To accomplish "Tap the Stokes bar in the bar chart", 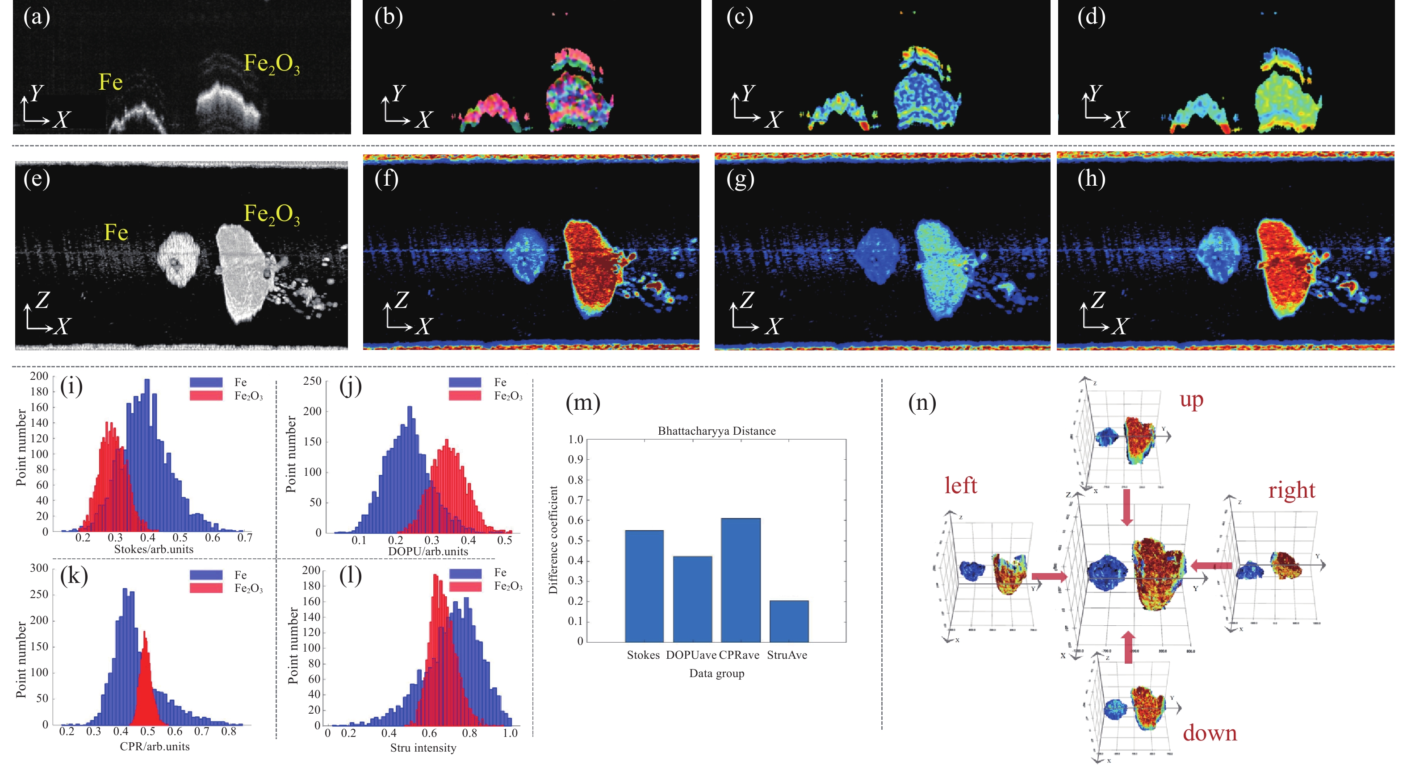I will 644,586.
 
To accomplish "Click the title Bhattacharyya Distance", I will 716,431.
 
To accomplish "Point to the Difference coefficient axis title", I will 553,540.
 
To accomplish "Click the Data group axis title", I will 716,674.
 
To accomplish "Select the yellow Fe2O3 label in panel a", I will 272,64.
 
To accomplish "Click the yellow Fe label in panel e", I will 116,233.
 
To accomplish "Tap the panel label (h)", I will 1091,179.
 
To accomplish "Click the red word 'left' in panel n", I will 961,485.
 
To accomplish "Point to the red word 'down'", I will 1210,733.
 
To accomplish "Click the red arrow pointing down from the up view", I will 1126,507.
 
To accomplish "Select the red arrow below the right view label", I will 1211,566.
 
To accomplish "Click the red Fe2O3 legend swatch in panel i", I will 206,395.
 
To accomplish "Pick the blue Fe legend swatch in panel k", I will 206,574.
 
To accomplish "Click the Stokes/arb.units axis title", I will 154,549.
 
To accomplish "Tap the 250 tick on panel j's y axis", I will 312,381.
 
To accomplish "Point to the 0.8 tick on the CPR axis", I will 228,731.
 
